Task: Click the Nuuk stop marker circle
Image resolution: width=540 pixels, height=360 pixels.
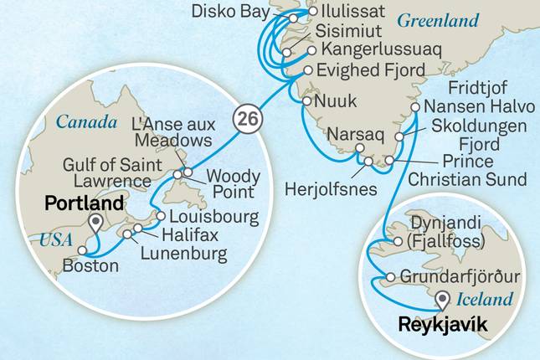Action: point(306,101)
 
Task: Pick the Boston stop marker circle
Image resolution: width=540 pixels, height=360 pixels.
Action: point(81,249)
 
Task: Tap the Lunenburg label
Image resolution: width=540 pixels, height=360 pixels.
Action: point(172,252)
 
